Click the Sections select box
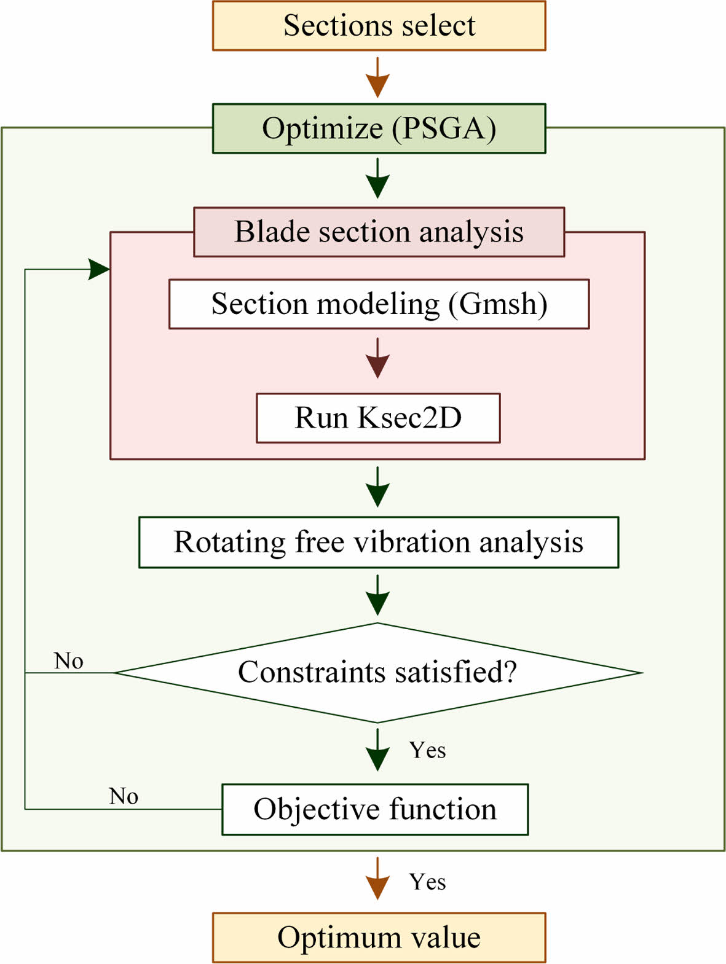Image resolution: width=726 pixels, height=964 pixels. click(379, 26)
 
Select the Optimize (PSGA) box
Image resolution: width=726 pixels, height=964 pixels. click(379, 128)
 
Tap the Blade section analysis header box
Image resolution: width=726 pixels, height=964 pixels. click(379, 232)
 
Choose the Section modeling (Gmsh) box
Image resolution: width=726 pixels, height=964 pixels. click(379, 304)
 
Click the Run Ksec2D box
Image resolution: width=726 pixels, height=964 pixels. click(378, 418)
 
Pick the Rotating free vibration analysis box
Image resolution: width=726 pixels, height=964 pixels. click(379, 543)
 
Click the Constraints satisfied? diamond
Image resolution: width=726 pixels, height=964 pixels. click(377, 673)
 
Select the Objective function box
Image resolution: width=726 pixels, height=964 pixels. click(375, 809)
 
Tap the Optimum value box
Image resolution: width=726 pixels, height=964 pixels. click(379, 938)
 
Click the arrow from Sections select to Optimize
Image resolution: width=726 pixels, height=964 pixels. click(377, 77)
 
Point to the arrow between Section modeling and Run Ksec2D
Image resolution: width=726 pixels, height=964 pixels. click(377, 358)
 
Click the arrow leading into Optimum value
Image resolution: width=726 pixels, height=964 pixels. click(377, 879)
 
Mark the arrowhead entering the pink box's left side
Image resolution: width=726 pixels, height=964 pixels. click(99, 269)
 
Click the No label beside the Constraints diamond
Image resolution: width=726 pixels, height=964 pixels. click(68, 661)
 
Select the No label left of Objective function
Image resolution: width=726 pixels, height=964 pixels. click(124, 796)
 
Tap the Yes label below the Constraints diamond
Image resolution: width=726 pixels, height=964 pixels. click(428, 750)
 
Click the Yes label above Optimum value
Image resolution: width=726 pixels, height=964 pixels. click(428, 882)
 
